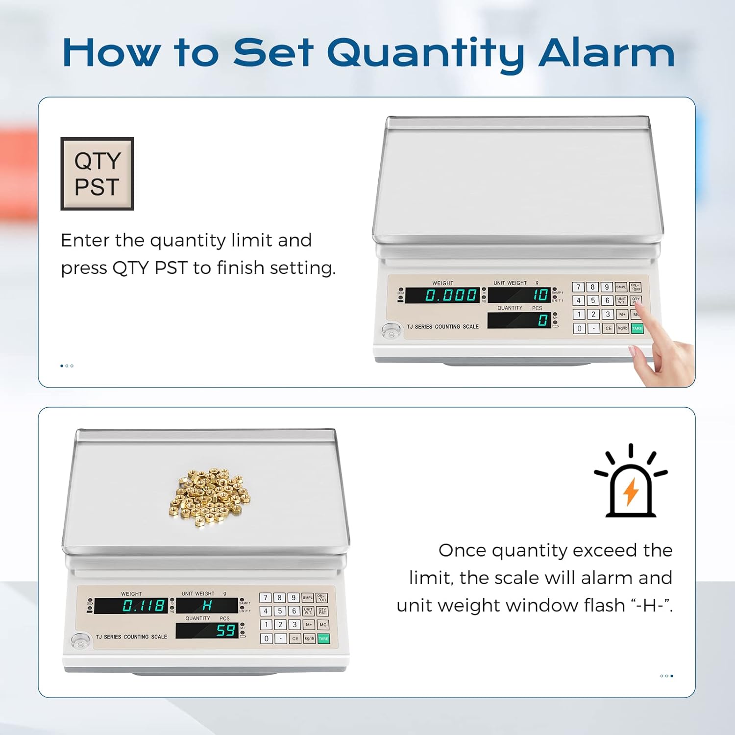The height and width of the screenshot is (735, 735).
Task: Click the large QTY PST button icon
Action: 97,174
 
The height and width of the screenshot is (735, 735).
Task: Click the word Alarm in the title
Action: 607,52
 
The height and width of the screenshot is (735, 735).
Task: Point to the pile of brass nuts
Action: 210,498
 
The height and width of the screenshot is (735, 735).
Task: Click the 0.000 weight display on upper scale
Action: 442,295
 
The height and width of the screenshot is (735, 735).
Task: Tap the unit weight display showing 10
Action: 519,295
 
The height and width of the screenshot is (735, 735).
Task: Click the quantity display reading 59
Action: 207,630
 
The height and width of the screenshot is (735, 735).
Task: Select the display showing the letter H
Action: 207,606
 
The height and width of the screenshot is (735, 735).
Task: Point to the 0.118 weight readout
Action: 131,606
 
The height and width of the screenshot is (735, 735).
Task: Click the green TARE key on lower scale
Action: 323,638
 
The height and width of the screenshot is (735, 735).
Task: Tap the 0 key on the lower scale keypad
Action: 266,638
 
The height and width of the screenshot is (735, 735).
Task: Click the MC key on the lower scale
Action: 323,625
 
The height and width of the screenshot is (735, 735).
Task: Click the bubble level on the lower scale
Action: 80,640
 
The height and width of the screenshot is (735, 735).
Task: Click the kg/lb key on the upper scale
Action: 622,328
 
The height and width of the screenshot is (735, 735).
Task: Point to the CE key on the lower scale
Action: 295,638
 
